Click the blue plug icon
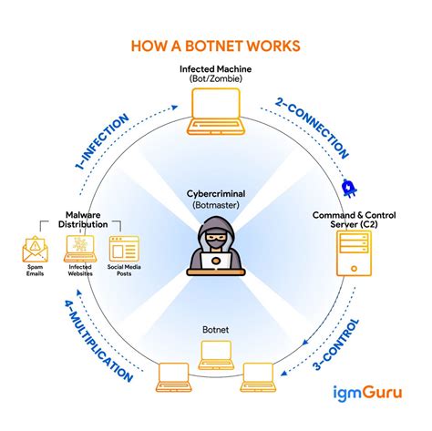pos(346,188)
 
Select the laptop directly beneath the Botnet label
pos(216,350)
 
